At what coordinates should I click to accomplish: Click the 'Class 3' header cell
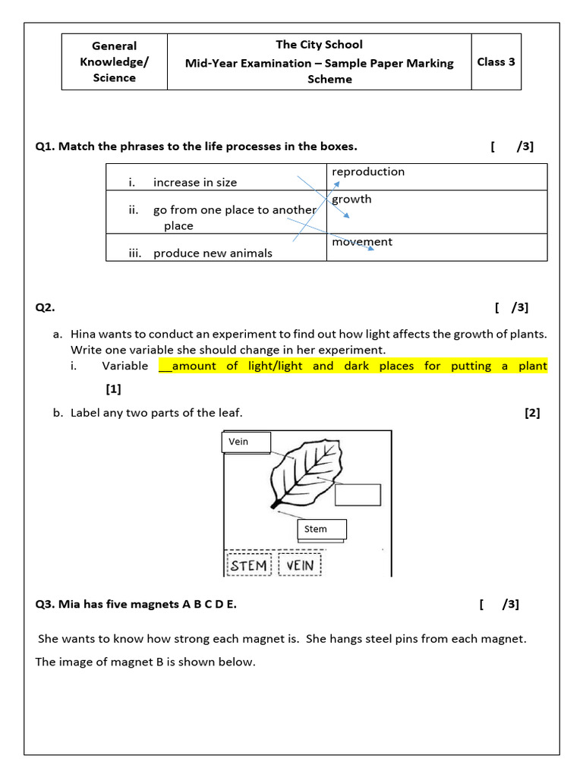[x=496, y=62]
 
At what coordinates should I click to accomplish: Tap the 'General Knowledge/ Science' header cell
[x=114, y=61]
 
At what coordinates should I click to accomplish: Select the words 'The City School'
[x=319, y=45]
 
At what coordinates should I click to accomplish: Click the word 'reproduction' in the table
[x=368, y=171]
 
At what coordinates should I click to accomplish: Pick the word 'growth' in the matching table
[x=351, y=199]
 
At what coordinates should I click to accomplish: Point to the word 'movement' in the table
[x=362, y=241]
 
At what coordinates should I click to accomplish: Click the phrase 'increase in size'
[x=195, y=182]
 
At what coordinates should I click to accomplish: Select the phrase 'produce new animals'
[x=213, y=253]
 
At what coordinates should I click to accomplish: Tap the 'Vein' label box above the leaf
[x=245, y=442]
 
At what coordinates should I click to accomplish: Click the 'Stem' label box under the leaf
[x=322, y=529]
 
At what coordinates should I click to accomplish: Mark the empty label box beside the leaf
[x=358, y=494]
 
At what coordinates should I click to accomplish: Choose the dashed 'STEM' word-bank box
[x=249, y=565]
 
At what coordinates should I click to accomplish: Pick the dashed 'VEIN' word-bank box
[x=301, y=565]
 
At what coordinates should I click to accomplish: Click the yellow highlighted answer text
[x=353, y=366]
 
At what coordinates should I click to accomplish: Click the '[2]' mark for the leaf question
[x=531, y=413]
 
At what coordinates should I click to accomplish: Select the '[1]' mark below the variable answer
[x=113, y=389]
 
